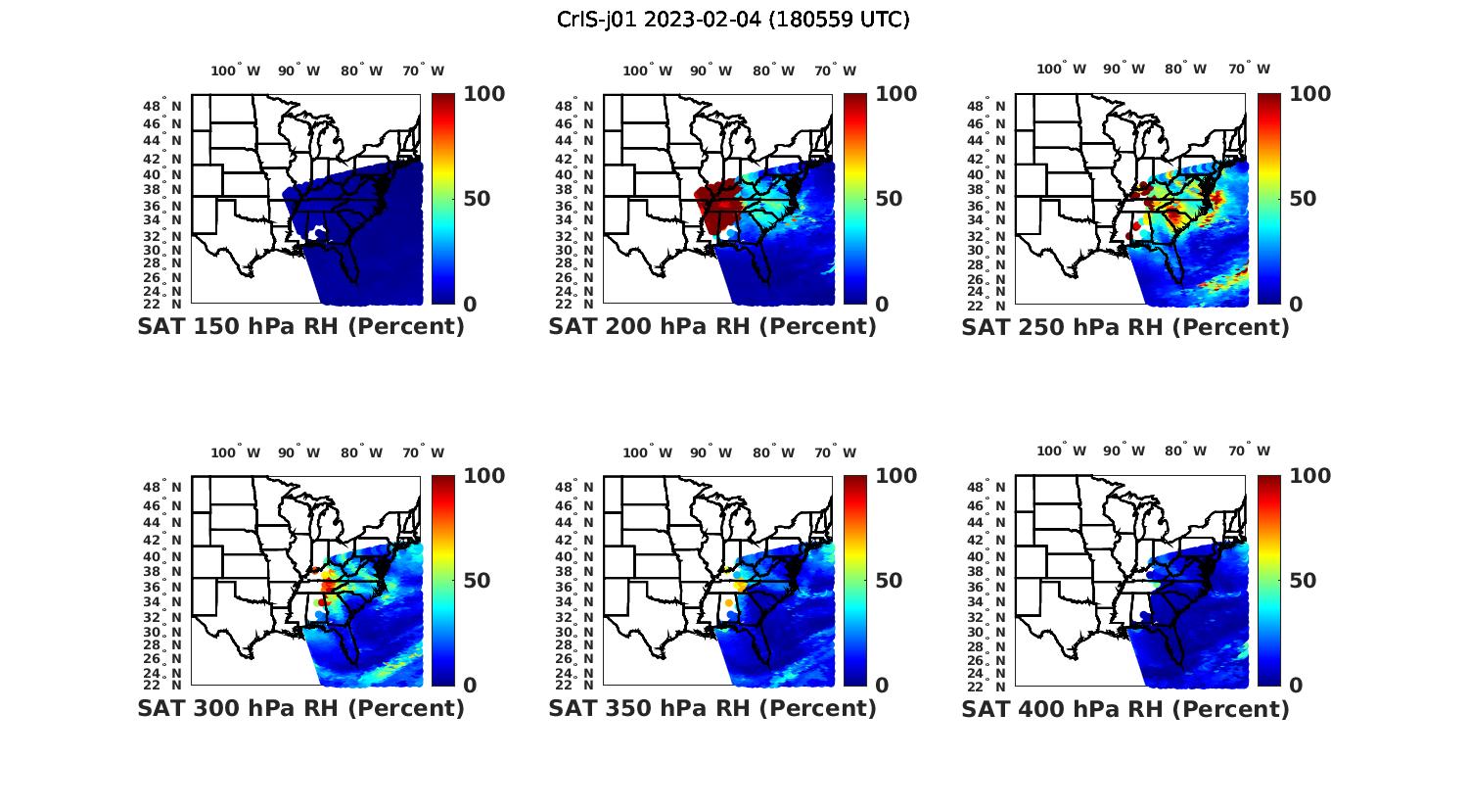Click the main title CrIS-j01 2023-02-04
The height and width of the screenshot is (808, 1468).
pyautogui.click(x=733, y=20)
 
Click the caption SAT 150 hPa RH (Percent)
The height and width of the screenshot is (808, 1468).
pyautogui.click(x=300, y=327)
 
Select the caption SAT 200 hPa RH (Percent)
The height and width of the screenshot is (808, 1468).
pyautogui.click(x=712, y=327)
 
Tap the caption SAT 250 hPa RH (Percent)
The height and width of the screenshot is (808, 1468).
pyautogui.click(x=1125, y=327)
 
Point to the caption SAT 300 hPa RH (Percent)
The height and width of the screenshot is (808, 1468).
pyautogui.click(x=300, y=708)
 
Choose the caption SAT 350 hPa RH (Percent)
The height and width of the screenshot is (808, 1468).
pyautogui.click(x=712, y=708)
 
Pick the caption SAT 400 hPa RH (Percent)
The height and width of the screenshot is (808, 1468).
pyautogui.click(x=1125, y=708)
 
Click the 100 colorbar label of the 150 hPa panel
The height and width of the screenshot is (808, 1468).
pyautogui.click(x=484, y=94)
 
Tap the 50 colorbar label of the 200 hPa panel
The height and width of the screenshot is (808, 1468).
pyautogui.click(x=889, y=199)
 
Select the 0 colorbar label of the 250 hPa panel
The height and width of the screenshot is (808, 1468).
pyautogui.click(x=1297, y=305)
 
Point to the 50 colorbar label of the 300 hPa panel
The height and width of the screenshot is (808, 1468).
pyautogui.click(x=477, y=581)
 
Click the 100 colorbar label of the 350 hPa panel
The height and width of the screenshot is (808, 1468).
pyautogui.click(x=896, y=476)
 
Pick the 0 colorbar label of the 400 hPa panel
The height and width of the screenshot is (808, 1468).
pyautogui.click(x=1297, y=686)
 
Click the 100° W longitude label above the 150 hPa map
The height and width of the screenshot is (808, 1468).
pyautogui.click(x=236, y=71)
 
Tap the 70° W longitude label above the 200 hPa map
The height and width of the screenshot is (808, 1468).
pyautogui.click(x=835, y=71)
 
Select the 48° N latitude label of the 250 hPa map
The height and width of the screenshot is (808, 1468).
pyautogui.click(x=996, y=105)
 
